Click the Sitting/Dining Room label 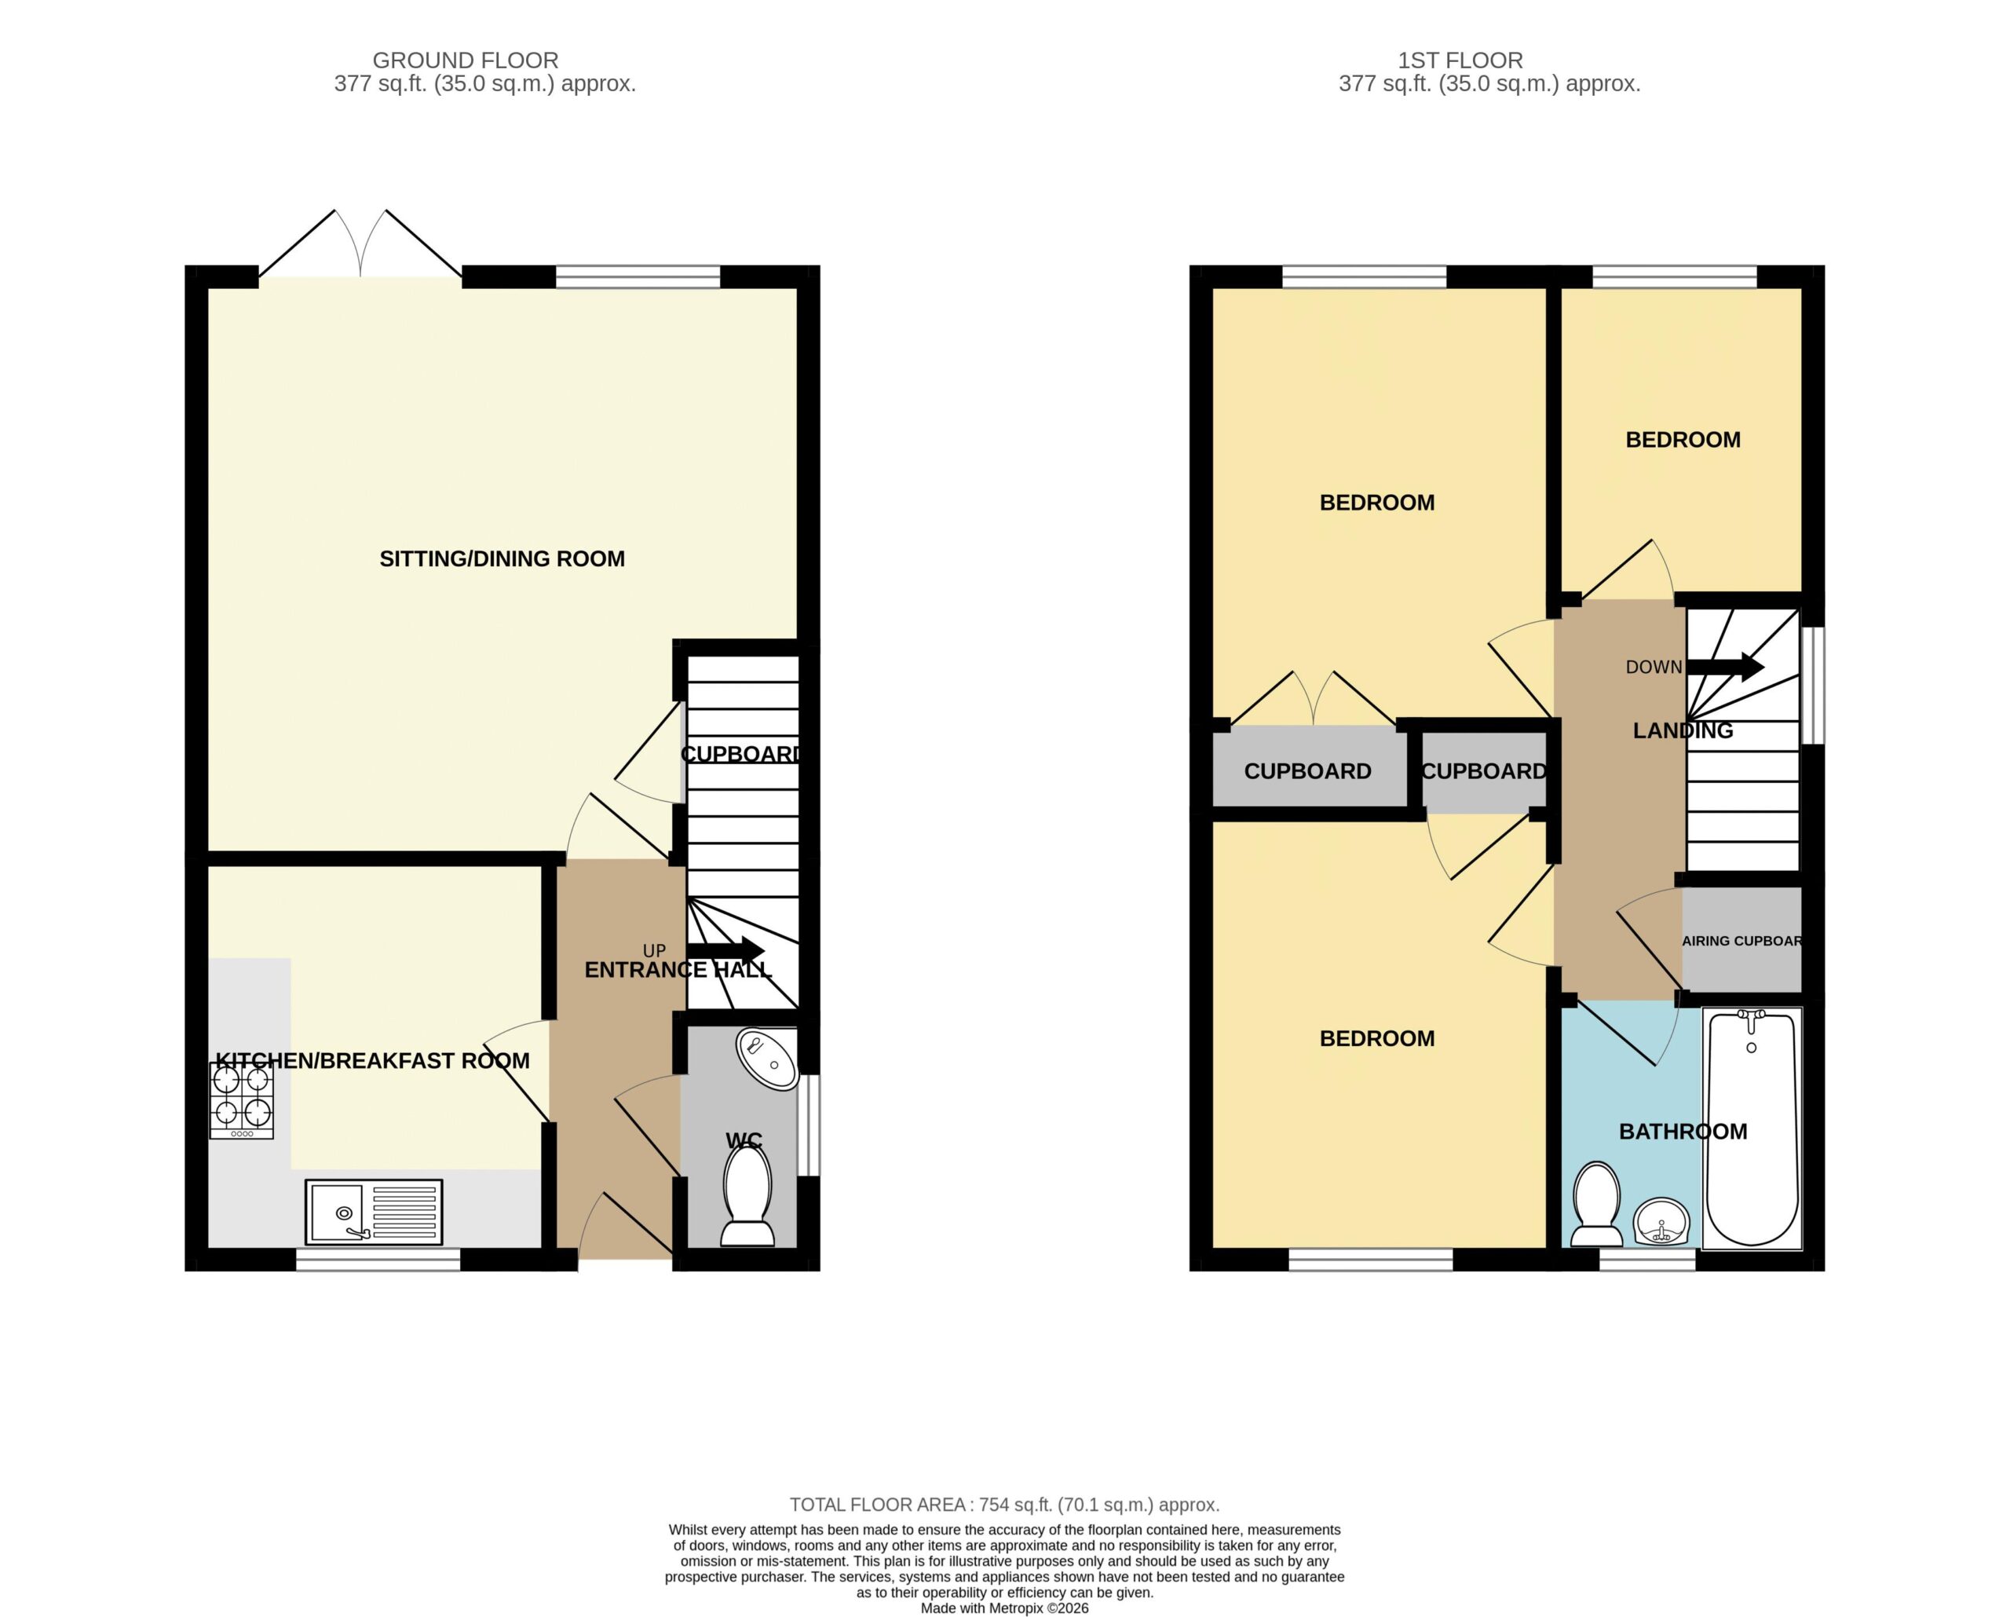tap(502, 558)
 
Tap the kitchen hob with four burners tap(242, 1101)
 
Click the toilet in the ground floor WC tap(747, 1195)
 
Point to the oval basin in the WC tap(767, 1059)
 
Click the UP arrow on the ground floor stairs tap(725, 949)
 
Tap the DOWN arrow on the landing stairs tap(1725, 667)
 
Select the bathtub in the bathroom tap(1752, 1129)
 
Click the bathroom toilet tap(1597, 1204)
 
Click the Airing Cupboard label tap(1741, 941)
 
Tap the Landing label tap(1683, 730)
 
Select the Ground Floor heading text tap(466, 60)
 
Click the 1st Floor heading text tap(1460, 60)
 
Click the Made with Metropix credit tap(1004, 1608)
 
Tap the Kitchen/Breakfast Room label tap(372, 1060)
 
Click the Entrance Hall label tap(678, 970)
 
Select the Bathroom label tap(1683, 1131)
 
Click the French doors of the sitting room tap(360, 244)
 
